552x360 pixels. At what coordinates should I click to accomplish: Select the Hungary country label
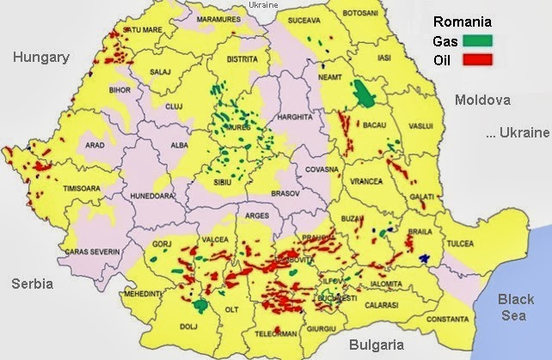tap(40, 58)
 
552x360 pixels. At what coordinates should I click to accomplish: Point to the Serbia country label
tap(33, 284)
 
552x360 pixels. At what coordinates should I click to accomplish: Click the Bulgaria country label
tap(376, 344)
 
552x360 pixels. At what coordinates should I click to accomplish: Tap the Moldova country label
tap(482, 100)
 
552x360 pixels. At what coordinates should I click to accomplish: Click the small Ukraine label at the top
tap(262, 5)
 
